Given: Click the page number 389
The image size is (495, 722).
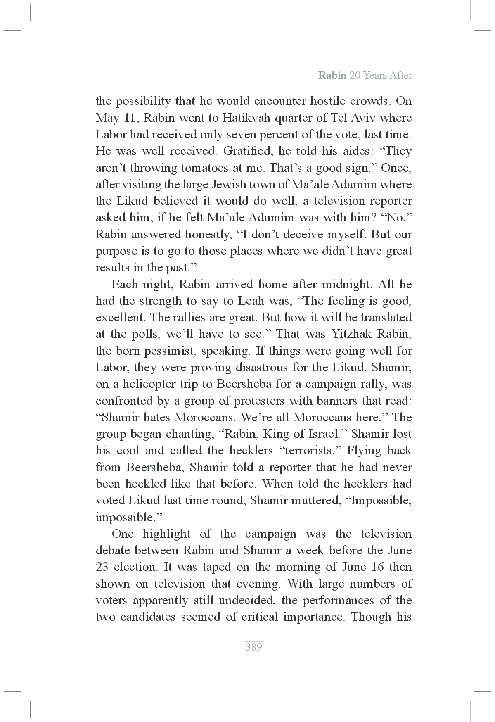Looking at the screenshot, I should (253, 647).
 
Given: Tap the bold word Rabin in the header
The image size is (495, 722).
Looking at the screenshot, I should (332, 76).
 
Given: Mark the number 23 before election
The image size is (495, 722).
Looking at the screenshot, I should (102, 567).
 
